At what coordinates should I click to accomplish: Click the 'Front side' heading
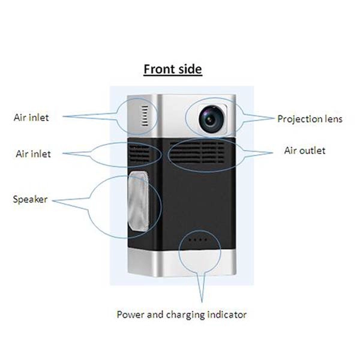coord(173,69)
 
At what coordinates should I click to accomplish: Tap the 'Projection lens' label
coord(310,119)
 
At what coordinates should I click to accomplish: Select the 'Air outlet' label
coord(305,151)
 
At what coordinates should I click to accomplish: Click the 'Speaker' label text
coord(31,200)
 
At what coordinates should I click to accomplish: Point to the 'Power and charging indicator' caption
coord(182,314)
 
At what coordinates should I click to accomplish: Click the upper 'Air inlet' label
coord(31,118)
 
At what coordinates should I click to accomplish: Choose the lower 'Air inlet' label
coord(33,154)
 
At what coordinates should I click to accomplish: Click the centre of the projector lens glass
coord(211,119)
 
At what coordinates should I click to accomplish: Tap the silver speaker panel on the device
coord(138,201)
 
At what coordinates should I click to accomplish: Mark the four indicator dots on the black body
coord(197,240)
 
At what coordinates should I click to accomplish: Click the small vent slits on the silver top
coord(145,116)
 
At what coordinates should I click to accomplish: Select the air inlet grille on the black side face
coord(140,153)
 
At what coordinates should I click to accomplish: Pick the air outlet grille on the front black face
coord(197,152)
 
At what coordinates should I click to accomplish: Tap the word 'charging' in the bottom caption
coord(185,315)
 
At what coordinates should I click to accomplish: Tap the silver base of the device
coord(182,263)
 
